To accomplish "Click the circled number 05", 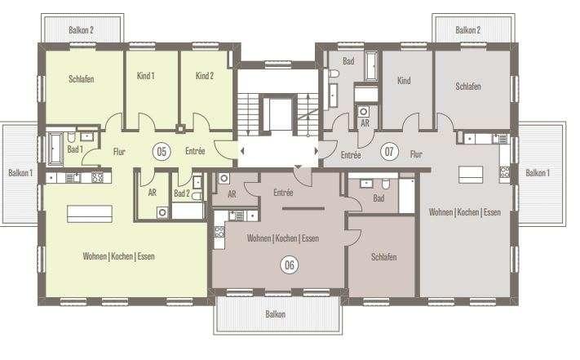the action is [162, 152].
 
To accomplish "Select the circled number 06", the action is [290, 265].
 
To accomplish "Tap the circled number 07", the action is [389, 152].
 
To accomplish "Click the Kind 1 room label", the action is [145, 76].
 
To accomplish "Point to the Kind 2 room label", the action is [205, 76].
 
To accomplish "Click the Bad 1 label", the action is [75, 149].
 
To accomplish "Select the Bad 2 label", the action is [182, 193].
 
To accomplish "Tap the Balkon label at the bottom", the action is [275, 314].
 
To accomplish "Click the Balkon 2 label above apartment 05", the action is [81, 30].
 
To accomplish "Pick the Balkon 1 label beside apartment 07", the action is [538, 173].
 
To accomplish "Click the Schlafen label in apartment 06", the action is [383, 257].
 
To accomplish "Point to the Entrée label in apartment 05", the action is [195, 151].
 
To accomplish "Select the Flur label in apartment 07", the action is [416, 154].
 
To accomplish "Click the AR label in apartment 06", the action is [232, 193].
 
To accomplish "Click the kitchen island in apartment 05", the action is [90, 214].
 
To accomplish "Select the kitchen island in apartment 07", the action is [471, 175].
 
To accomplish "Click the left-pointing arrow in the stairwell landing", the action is [242, 151].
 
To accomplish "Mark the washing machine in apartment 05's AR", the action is [162, 213].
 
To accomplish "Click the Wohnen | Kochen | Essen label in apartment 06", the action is [283, 238].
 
